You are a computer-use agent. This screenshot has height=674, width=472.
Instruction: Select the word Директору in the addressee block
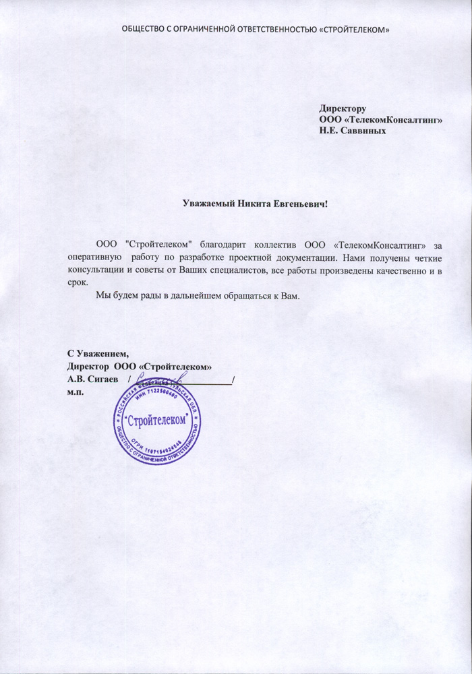343,108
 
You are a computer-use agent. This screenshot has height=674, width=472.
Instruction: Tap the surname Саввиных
363,130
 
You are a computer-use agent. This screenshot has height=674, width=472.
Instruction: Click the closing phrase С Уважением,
97,354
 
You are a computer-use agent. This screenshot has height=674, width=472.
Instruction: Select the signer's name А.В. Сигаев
93,379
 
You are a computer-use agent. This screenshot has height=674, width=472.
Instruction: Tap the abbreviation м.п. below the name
76,392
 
